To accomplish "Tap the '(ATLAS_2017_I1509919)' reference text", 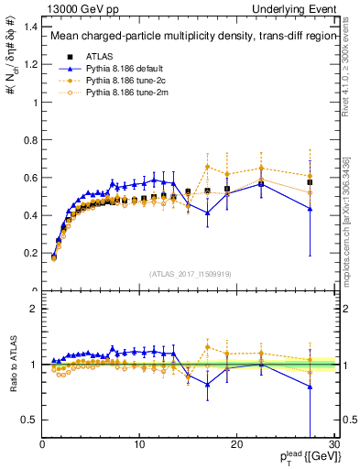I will click(190, 273).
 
